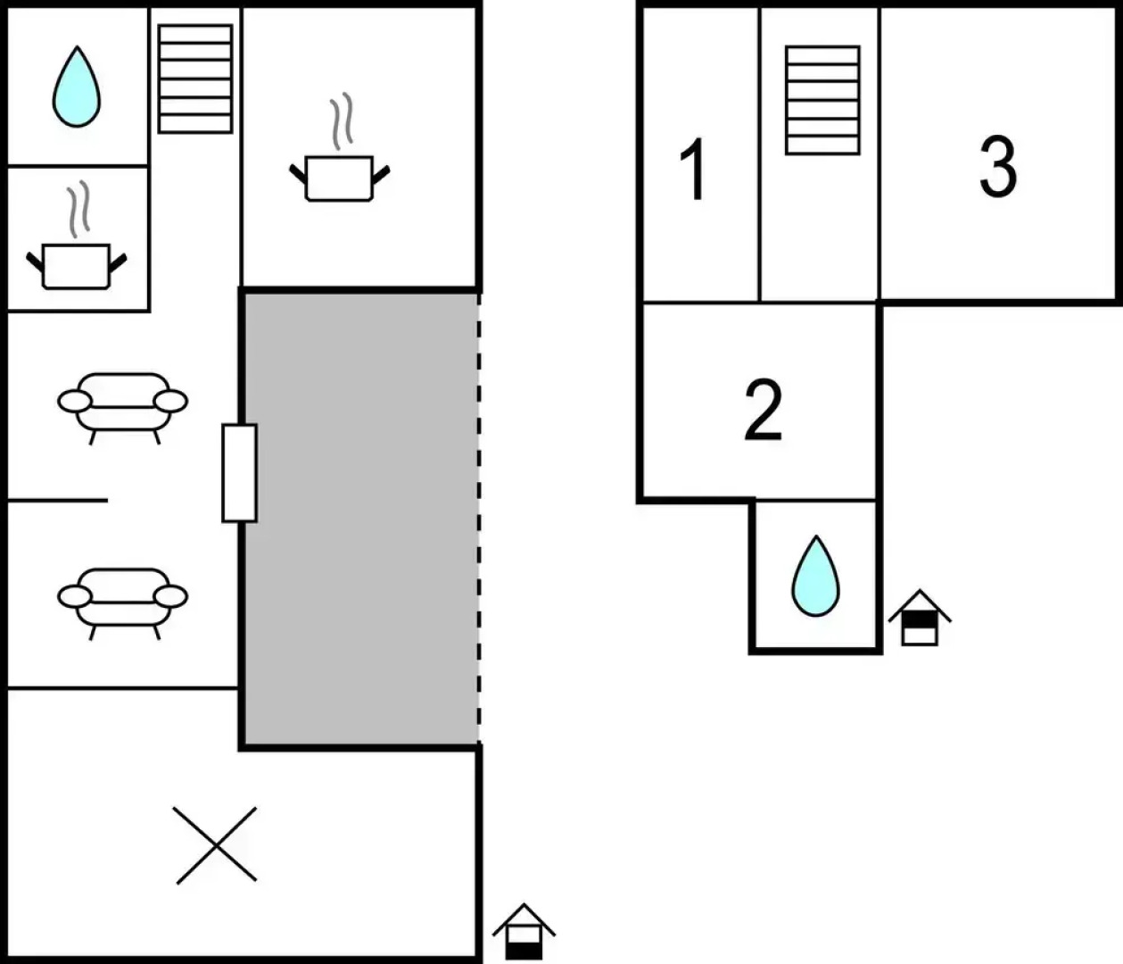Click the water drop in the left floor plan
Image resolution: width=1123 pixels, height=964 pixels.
tap(76, 87)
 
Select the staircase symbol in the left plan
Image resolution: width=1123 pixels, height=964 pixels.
tap(195, 79)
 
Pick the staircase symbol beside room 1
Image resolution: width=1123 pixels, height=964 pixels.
tap(822, 100)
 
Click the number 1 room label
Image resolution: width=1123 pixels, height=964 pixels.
tap(693, 169)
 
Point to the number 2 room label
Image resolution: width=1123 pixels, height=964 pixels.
tap(763, 411)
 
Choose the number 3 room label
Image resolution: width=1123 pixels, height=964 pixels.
tap(997, 167)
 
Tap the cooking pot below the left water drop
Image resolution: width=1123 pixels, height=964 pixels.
tap(76, 265)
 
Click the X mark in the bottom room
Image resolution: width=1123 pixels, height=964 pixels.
tap(216, 844)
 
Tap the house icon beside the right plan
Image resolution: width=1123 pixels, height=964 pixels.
tap(919, 618)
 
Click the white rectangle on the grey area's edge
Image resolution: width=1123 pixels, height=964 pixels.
tap(239, 472)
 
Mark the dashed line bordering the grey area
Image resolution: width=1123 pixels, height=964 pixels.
tap(479, 518)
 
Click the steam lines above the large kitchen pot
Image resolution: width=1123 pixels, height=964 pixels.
tap(340, 122)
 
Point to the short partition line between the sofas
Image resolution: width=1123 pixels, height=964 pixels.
tap(57, 501)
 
